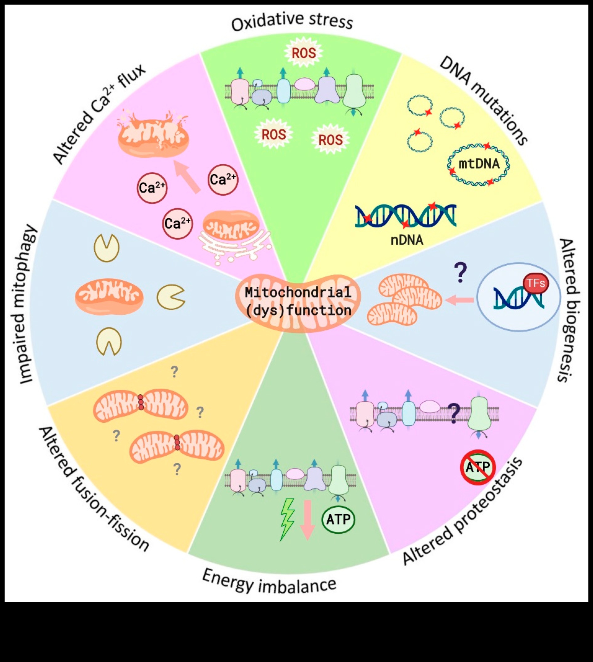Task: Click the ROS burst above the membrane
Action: (303, 53)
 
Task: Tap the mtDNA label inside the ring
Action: (479, 164)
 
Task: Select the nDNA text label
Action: (407, 240)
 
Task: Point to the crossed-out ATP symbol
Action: (478, 468)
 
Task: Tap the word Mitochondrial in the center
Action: (298, 292)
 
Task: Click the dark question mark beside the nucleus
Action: (460, 273)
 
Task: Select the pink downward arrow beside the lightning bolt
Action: (307, 520)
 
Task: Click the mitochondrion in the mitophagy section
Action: (109, 296)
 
